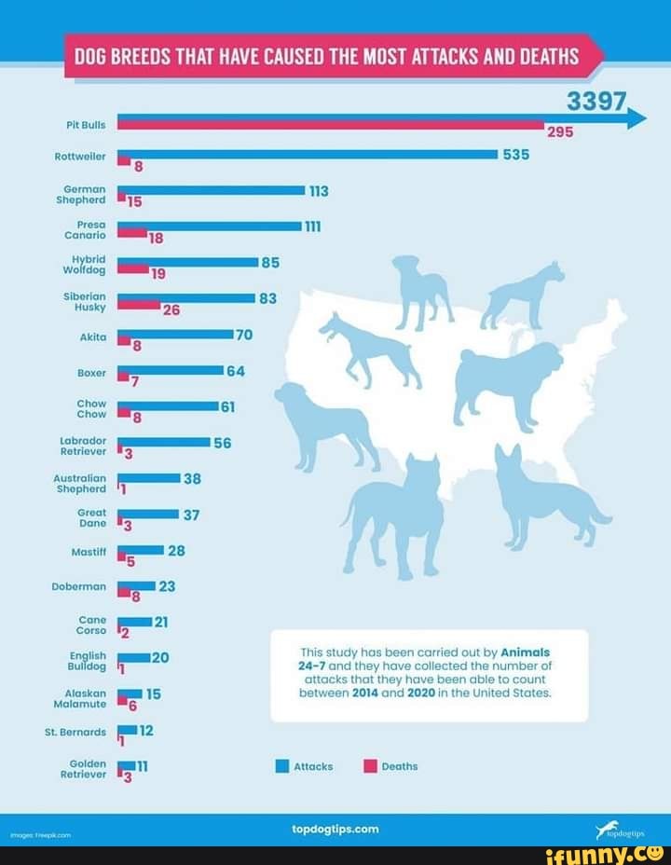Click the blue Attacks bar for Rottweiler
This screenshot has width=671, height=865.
308,154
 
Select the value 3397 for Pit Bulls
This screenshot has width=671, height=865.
598,103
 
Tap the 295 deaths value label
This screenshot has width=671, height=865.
559,132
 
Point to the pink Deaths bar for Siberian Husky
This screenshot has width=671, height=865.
139,305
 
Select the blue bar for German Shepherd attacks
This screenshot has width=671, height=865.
212,190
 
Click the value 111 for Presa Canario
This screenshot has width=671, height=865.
312,227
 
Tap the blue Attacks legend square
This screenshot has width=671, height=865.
281,766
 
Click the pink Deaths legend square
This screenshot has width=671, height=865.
369,766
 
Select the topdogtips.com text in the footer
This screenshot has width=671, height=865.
335,828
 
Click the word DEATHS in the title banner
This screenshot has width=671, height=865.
545,56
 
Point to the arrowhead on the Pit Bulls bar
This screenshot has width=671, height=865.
637,118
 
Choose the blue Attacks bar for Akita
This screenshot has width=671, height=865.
175,334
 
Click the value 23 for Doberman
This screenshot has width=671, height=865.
168,586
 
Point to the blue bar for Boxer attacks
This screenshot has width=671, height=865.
171,370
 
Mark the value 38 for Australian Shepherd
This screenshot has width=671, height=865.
193,478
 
